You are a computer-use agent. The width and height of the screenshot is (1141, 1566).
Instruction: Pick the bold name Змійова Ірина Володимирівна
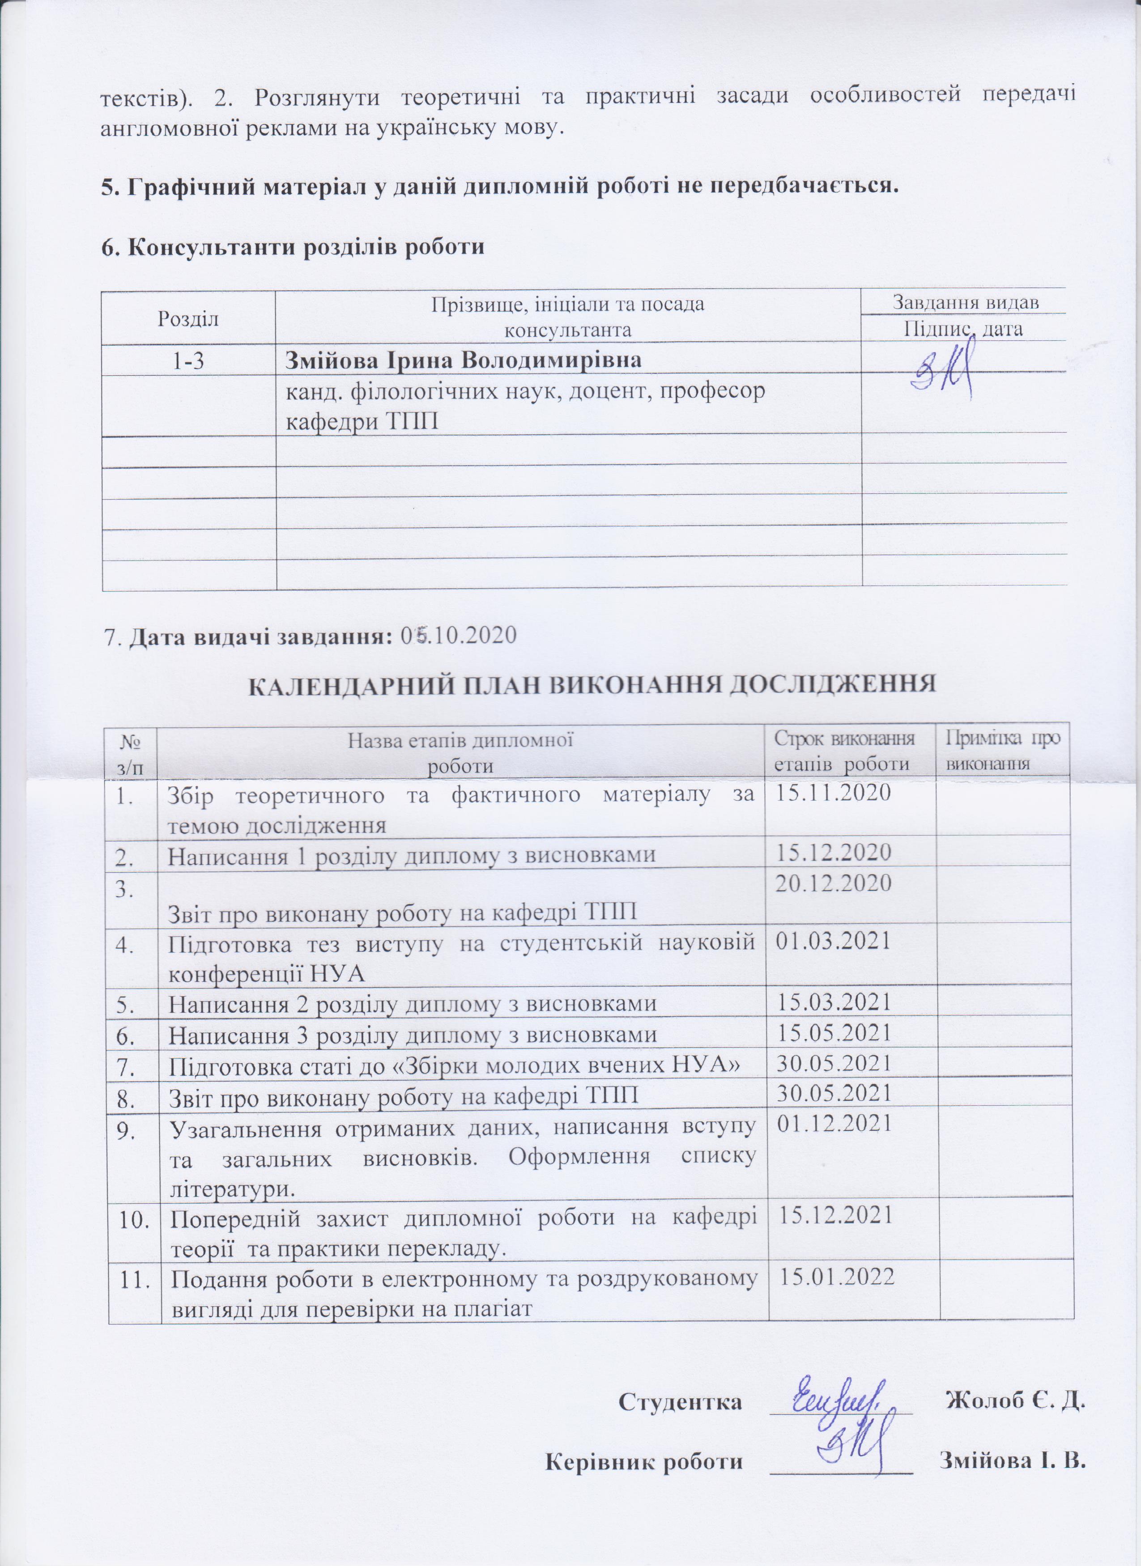(x=464, y=360)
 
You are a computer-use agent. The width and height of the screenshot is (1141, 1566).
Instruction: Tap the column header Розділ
(x=188, y=318)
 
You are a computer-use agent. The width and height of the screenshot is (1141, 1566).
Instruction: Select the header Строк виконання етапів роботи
(x=844, y=751)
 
